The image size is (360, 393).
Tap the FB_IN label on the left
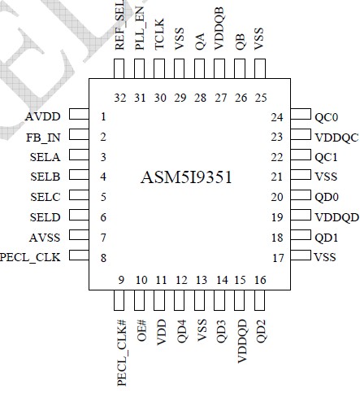(x=44, y=136)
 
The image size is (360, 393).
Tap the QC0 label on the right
(x=327, y=116)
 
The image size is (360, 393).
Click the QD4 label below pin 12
(x=180, y=334)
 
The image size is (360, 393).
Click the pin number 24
(x=277, y=116)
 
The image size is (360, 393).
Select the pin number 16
(x=259, y=281)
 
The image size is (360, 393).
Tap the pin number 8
(x=103, y=256)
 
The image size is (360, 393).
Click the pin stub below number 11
(x=160, y=300)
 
